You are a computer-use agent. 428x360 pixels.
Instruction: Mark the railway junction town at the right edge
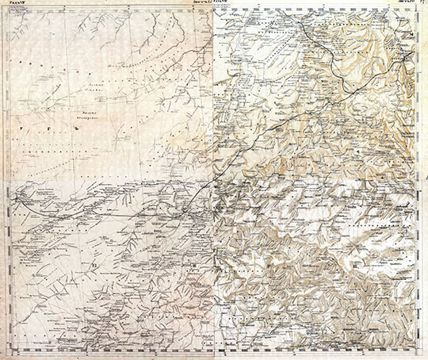tap(406, 58)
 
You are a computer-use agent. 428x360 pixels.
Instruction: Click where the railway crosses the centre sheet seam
tap(215, 182)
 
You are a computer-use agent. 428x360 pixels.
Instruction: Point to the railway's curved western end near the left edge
tap(23, 203)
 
